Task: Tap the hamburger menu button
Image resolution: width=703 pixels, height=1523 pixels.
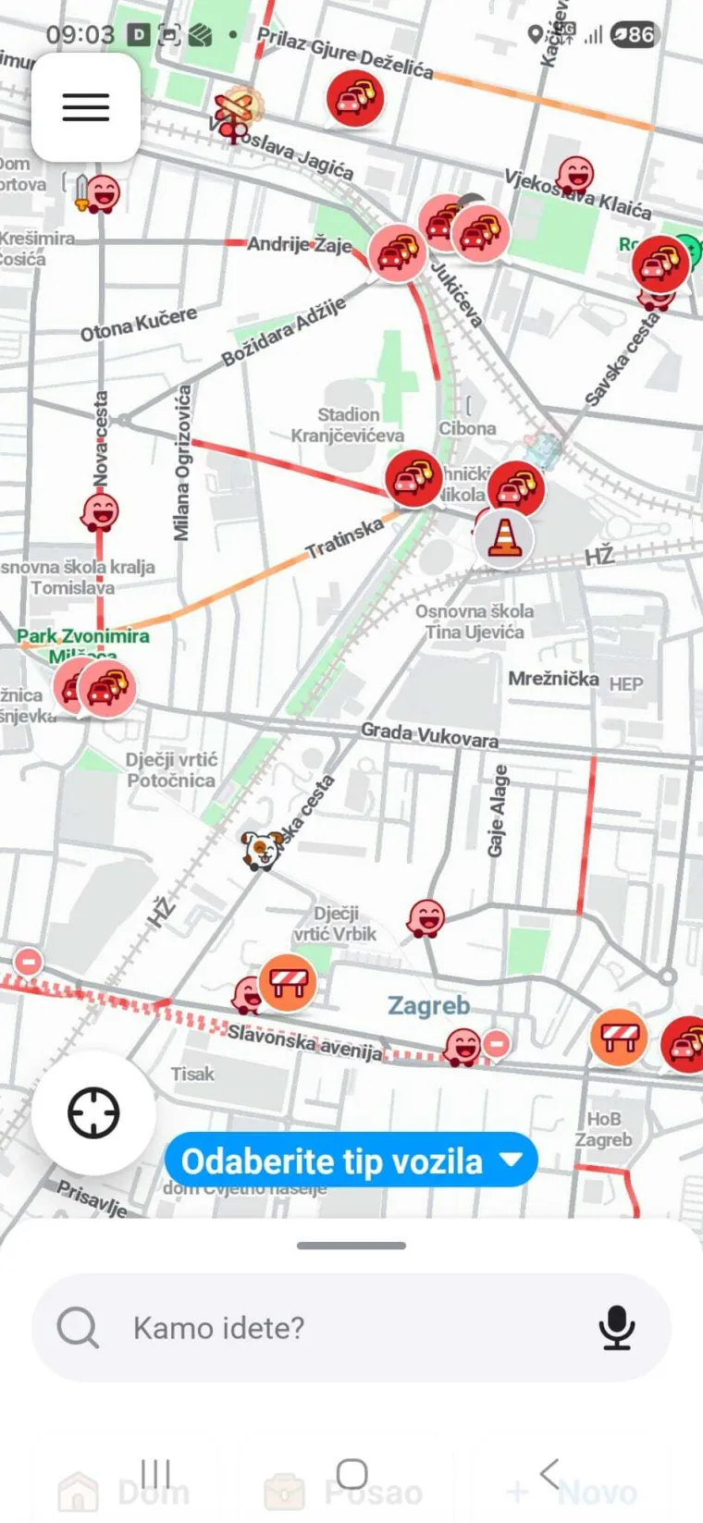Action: click(x=86, y=107)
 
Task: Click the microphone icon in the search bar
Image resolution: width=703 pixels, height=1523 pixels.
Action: click(x=616, y=1328)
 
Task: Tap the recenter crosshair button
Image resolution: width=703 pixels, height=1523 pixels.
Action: click(x=93, y=1112)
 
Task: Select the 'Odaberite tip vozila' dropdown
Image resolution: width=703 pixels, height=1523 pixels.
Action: click(x=351, y=1161)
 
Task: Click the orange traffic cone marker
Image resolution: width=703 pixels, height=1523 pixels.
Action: click(x=504, y=537)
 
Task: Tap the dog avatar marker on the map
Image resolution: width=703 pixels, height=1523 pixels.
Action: click(x=262, y=850)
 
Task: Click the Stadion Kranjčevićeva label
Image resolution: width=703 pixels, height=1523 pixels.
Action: click(x=349, y=425)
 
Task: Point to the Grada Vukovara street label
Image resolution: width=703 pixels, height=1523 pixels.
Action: click(x=429, y=734)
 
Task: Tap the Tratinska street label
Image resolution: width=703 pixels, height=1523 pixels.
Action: click(x=344, y=538)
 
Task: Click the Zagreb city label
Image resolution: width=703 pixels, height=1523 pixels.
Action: click(x=428, y=1005)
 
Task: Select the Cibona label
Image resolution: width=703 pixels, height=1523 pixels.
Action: click(x=467, y=428)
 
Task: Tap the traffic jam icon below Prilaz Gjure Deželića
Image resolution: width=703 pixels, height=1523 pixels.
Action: click(x=354, y=98)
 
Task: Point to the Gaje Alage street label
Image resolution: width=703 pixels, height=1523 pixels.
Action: click(x=498, y=810)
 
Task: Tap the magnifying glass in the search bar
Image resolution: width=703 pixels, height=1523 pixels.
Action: click(x=78, y=1328)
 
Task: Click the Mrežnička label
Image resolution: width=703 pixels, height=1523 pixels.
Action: click(x=553, y=679)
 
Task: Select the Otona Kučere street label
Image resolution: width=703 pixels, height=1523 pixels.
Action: click(x=139, y=324)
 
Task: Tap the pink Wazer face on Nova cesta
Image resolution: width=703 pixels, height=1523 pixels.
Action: click(x=100, y=510)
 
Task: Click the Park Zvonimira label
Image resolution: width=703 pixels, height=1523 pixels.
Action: click(x=82, y=636)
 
